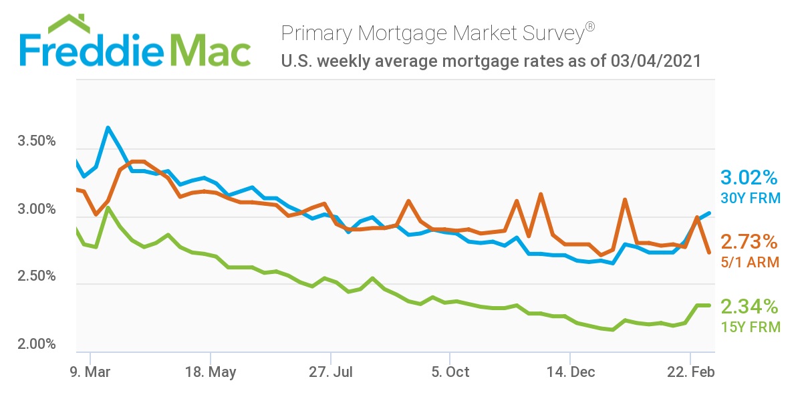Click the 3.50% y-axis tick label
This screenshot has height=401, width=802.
[35, 142]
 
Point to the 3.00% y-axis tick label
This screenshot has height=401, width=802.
[35, 210]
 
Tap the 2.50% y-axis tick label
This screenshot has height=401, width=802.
[35, 277]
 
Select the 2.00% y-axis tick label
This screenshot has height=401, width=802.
[35, 345]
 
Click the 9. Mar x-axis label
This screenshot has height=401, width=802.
[90, 372]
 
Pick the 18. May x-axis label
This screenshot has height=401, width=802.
[211, 372]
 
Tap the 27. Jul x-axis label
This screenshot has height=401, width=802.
[330, 372]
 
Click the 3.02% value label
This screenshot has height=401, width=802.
[749, 178]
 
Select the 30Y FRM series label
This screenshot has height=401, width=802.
[749, 198]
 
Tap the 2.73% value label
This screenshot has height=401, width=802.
[749, 241]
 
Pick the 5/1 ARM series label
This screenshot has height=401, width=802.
[749, 262]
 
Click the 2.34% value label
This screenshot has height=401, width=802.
[749, 307]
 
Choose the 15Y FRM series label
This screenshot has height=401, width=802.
[749, 327]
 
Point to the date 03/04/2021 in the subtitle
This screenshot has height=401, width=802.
[656, 61]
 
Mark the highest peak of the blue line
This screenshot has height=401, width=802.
[108, 127]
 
